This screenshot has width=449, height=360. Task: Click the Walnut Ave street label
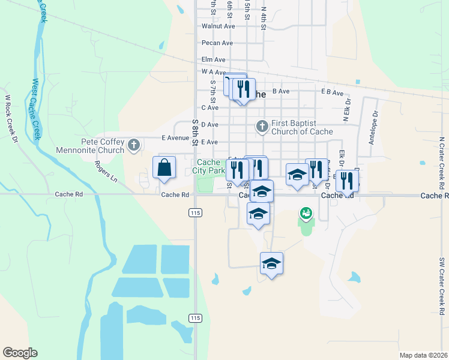coord(218,26)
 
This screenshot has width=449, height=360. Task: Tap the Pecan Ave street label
coord(217,43)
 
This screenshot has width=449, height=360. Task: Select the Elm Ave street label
coord(213,60)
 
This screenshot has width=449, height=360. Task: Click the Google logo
coord(20,353)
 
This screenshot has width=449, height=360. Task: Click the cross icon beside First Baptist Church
coord(262,127)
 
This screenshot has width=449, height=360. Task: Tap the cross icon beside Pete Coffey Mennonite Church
coord(133,145)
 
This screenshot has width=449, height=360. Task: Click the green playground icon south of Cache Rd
coord(306,213)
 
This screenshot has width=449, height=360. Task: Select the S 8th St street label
coord(195,132)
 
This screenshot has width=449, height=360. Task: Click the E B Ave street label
coord(332,93)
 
